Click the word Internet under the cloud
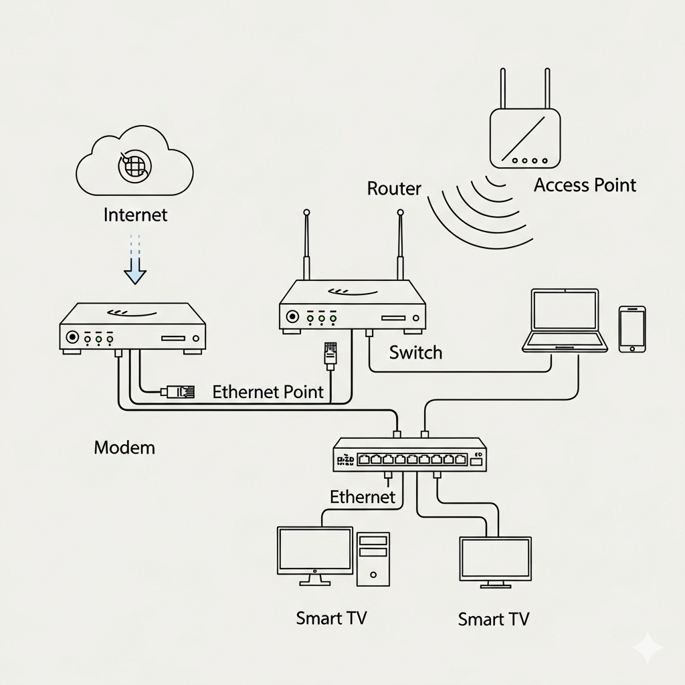136,215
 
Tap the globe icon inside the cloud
134,165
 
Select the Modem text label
124,447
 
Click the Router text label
395,189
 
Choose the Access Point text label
585,185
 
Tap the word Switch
415,352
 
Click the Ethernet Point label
268,392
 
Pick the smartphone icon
632,329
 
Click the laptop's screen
565,310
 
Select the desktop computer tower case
373,559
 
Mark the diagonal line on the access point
524,136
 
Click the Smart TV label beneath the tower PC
331,617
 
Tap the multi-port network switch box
410,455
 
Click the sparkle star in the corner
648,647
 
